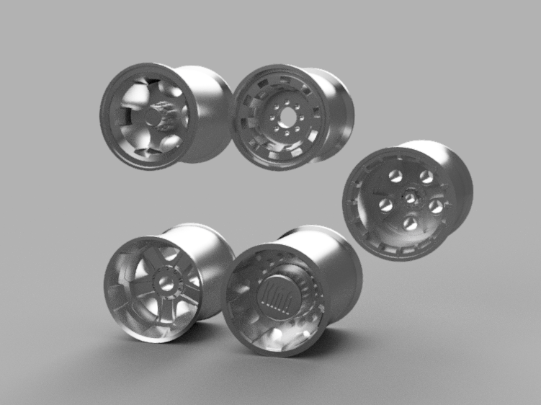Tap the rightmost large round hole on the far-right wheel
click(x=436, y=206)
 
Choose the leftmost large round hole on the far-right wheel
click(x=386, y=205)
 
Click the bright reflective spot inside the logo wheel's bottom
click(x=276, y=339)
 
